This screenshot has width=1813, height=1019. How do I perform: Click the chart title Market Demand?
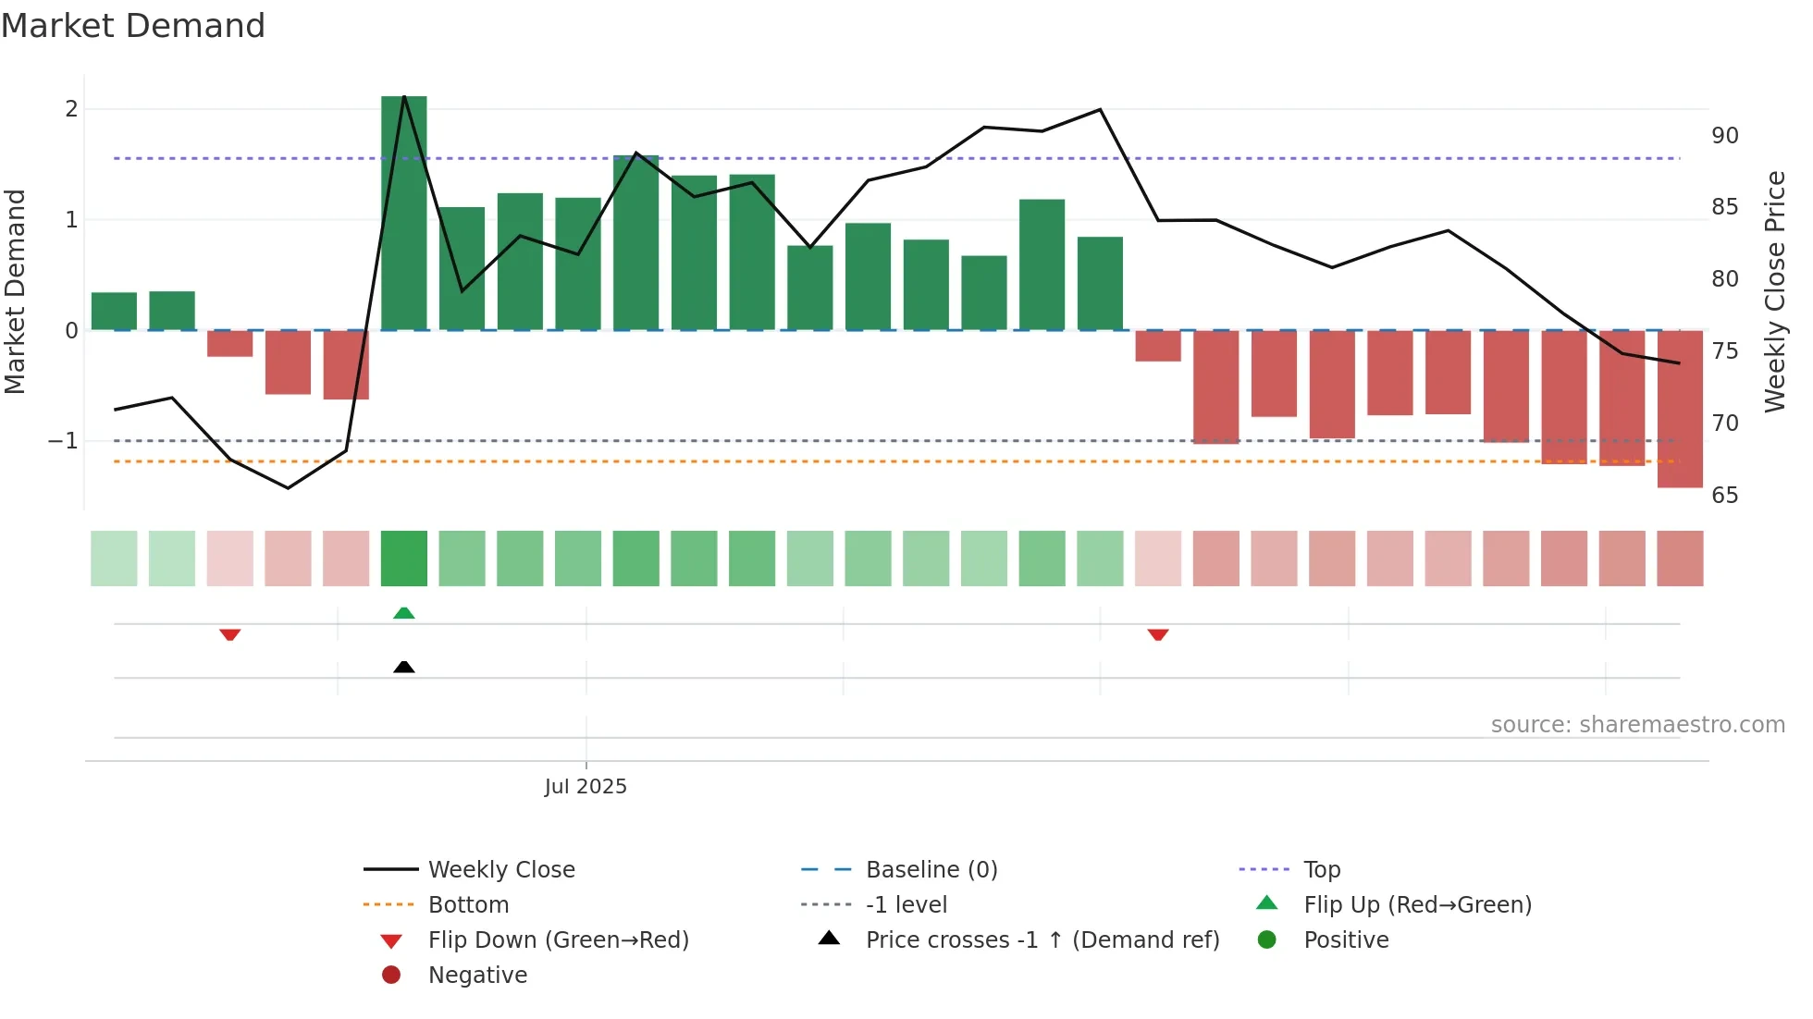(x=133, y=26)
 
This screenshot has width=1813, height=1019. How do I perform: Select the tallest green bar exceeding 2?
(x=404, y=213)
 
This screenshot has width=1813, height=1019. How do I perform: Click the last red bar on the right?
(x=1680, y=409)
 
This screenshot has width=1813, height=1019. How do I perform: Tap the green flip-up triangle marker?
(x=404, y=613)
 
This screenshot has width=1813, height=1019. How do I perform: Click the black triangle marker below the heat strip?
(x=404, y=667)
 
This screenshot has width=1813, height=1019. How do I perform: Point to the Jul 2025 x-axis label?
(x=586, y=787)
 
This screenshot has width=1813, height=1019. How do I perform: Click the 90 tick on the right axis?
(x=1724, y=136)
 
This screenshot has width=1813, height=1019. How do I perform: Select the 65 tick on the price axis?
(x=1724, y=496)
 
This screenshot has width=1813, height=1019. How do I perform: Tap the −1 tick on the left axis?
(x=63, y=441)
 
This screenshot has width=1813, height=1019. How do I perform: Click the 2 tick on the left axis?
(x=71, y=109)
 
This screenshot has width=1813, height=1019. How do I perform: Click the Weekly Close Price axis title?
(x=1774, y=291)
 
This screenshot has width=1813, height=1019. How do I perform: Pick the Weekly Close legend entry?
(x=500, y=870)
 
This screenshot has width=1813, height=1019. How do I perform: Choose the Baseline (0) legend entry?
(x=931, y=870)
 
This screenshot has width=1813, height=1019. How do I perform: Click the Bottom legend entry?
(x=468, y=905)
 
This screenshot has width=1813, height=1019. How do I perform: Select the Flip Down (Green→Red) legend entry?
(x=558, y=940)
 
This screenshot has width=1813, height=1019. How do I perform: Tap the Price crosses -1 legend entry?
(x=1042, y=940)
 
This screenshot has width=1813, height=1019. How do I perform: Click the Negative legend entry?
(x=477, y=976)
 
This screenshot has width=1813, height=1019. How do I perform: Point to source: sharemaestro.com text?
(x=1637, y=725)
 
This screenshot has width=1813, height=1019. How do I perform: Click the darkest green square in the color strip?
(x=404, y=559)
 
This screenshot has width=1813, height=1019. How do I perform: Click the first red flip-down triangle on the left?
(x=230, y=634)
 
